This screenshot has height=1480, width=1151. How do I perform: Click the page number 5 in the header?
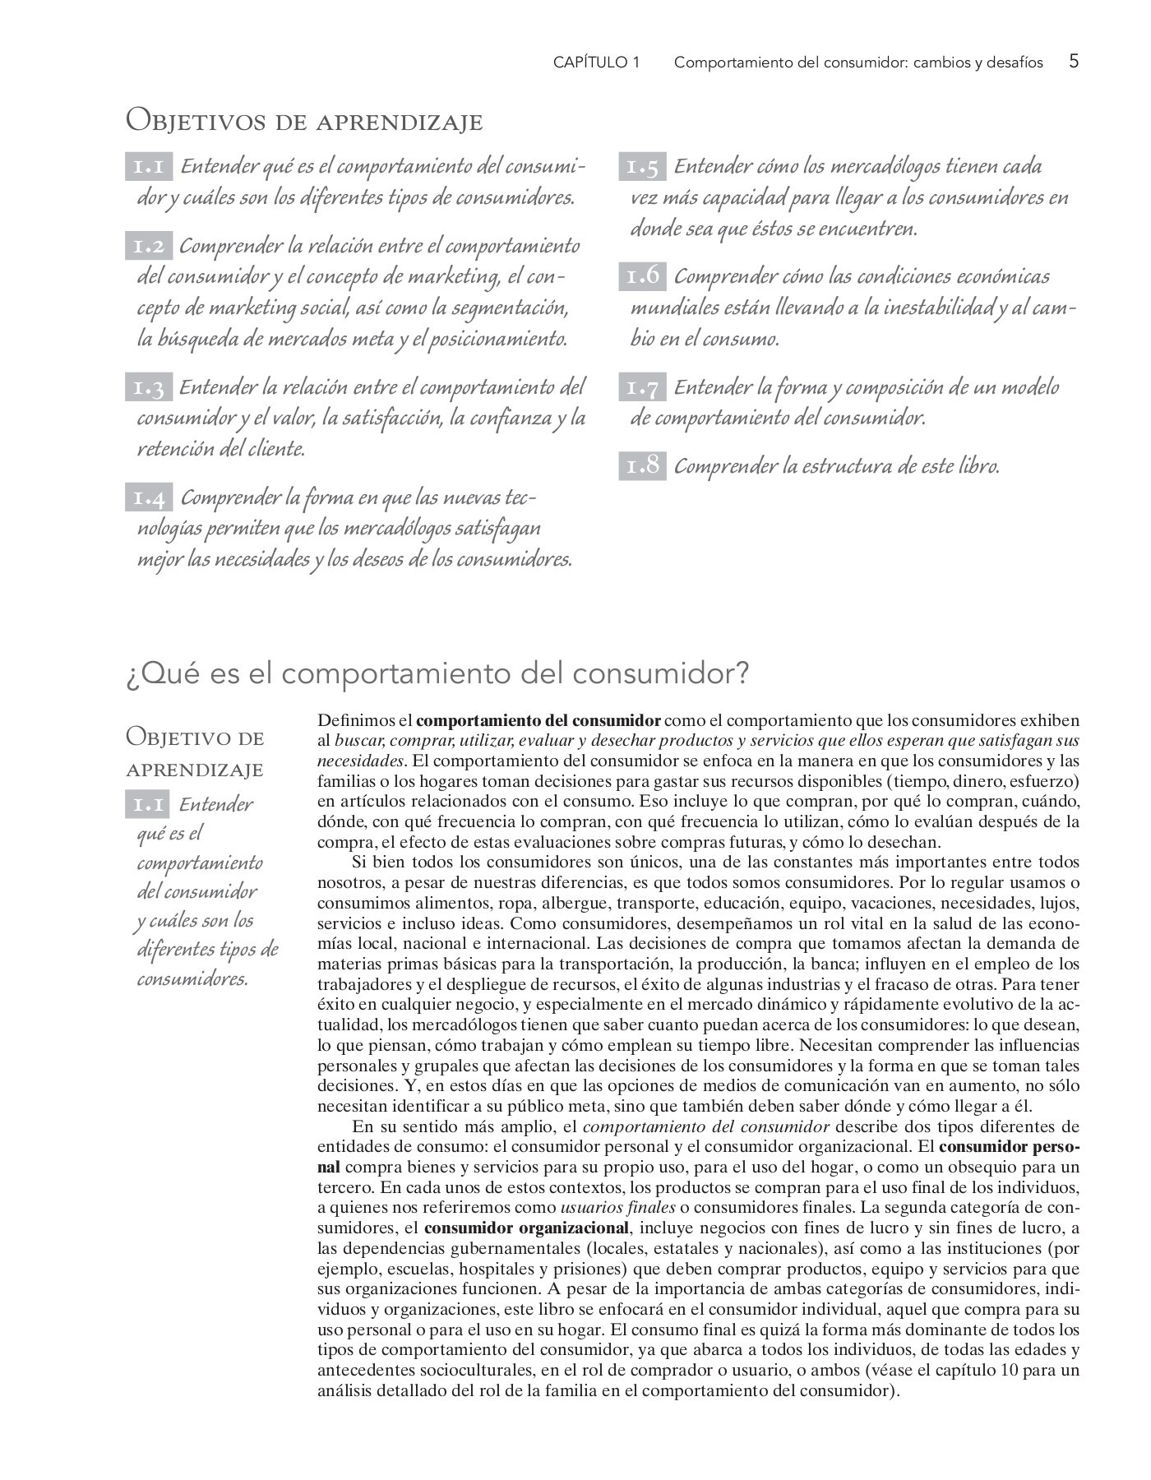pos(1074,62)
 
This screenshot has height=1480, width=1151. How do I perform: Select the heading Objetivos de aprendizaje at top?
pos(304,122)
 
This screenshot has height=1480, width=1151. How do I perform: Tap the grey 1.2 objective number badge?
pos(149,246)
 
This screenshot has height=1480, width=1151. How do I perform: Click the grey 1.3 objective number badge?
pos(149,387)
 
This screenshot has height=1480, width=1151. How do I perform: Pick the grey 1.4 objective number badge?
pos(149,498)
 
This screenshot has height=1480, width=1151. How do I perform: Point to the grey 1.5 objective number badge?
pos(642,167)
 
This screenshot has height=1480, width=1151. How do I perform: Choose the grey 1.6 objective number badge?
pos(642,277)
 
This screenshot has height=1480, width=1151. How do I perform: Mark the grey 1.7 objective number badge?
pos(642,387)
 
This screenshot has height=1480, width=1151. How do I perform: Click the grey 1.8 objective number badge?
pos(642,466)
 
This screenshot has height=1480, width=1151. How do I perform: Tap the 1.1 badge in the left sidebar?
pos(149,804)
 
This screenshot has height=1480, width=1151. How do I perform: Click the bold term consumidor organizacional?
pos(526,1228)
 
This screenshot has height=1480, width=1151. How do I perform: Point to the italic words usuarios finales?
pos(617,1208)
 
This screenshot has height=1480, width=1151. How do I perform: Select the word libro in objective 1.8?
pos(978,467)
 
